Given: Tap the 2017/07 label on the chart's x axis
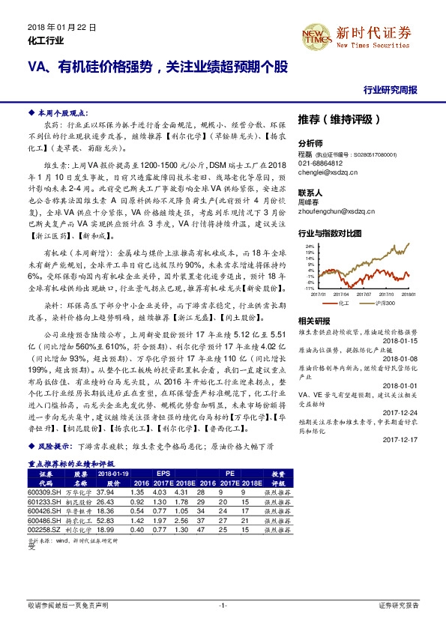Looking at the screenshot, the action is click(344, 295).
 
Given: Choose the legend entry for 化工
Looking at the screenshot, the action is click(343, 302).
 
